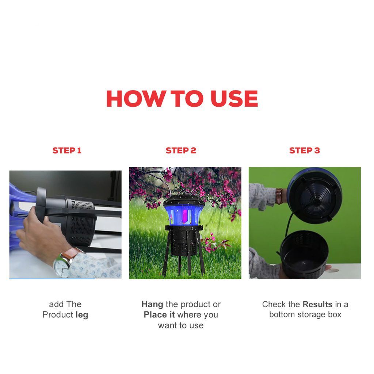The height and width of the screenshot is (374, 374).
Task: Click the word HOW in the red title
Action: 136,99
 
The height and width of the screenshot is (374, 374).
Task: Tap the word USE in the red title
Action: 234,99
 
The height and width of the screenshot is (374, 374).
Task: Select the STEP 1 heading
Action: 67,150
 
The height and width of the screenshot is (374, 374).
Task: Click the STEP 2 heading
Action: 181,150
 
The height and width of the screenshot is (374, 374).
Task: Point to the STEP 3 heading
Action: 304,150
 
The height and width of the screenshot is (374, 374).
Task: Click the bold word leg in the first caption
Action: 82,315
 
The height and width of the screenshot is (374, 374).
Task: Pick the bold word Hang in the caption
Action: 152,305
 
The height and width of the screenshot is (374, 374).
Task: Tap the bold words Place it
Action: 159,314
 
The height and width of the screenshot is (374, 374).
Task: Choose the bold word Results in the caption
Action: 317,304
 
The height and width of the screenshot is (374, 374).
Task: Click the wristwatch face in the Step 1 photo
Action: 61,268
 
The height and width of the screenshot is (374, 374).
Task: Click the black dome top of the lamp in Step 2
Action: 184,201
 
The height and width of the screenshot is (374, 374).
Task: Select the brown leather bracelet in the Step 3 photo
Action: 279,196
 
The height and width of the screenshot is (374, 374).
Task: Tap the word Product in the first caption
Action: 58,314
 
